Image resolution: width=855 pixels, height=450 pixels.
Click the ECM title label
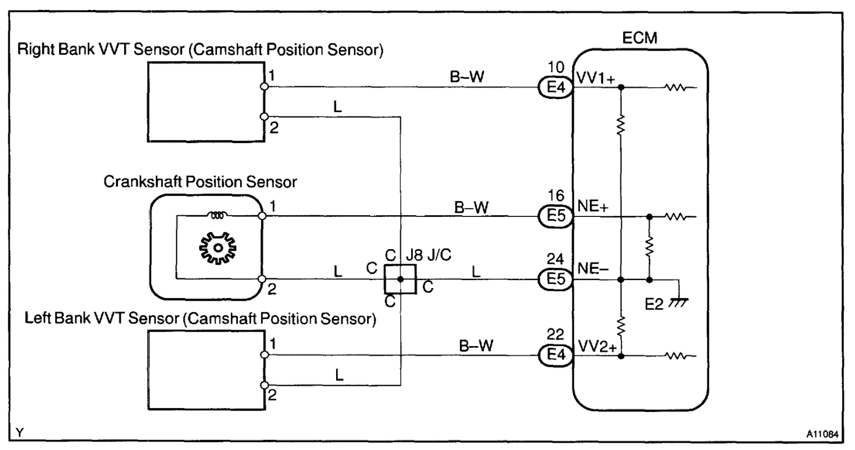click(x=640, y=38)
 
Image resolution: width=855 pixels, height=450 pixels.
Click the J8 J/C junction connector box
click(x=400, y=279)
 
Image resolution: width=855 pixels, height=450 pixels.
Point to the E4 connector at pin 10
click(x=555, y=87)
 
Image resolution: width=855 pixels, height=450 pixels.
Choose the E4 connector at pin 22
click(x=555, y=355)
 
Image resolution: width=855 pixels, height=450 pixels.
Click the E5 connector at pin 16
click(x=555, y=216)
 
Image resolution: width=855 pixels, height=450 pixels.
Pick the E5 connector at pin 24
click(x=555, y=279)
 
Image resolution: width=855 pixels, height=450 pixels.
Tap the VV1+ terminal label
click(x=596, y=78)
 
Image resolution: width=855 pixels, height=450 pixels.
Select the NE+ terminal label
click(x=593, y=207)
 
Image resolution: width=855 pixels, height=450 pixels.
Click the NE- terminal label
click(x=593, y=269)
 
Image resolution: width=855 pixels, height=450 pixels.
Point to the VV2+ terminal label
click(x=597, y=346)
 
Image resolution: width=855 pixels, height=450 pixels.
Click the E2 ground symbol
click(x=678, y=302)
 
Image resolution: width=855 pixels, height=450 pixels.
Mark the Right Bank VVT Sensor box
click(x=206, y=101)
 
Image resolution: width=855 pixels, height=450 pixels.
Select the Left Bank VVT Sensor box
click(x=206, y=370)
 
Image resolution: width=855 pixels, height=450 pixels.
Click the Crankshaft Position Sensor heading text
click(x=200, y=182)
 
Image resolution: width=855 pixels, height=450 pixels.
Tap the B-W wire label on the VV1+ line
click(x=466, y=77)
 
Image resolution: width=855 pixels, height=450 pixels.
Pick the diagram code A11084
click(x=822, y=435)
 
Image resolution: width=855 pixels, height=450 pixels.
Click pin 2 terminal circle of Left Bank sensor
click(x=264, y=385)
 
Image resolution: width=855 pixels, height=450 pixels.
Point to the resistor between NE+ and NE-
click(x=649, y=247)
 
